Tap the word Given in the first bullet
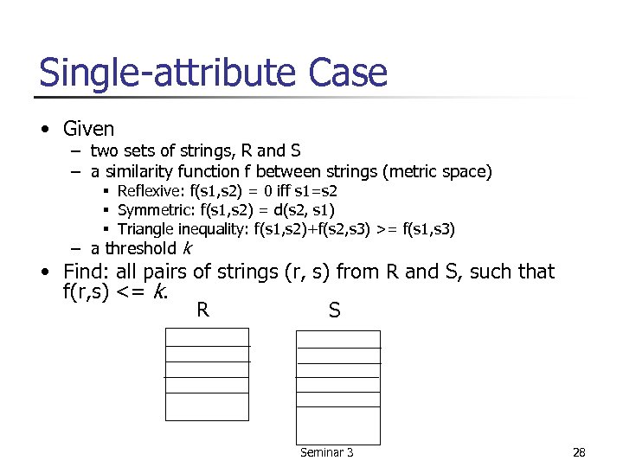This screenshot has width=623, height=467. coord(88,129)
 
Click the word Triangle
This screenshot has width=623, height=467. coord(144,229)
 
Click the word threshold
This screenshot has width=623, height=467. coord(139,249)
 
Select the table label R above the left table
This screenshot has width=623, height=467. coord(202,310)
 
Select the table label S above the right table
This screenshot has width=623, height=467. coord(335,310)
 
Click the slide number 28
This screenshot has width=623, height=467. coord(579,452)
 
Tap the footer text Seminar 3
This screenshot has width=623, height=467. coord(326,452)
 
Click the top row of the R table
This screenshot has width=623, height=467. coord(207,336)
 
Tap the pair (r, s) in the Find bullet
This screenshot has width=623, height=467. coord(306,272)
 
